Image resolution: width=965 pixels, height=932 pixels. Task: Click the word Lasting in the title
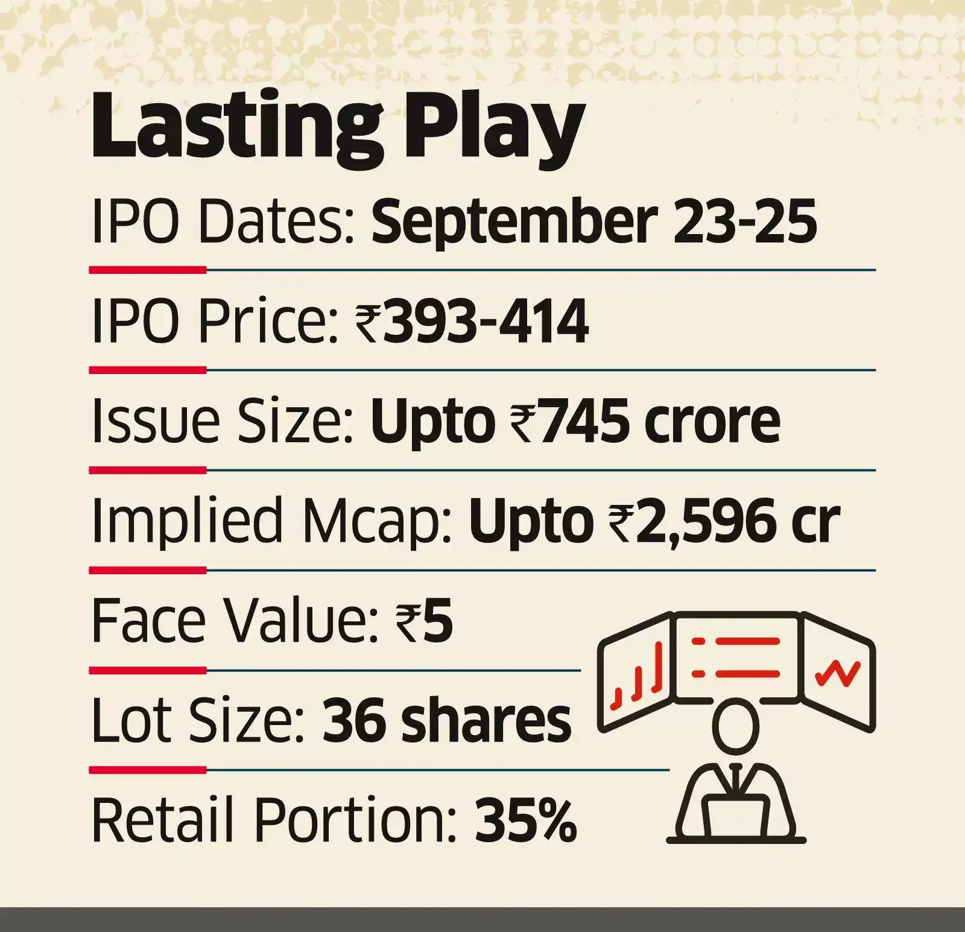coord(235,130)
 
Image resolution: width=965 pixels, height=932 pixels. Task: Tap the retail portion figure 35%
coord(525,820)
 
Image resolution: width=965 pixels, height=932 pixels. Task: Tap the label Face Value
coord(232,621)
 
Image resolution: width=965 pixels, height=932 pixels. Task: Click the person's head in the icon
coord(735,726)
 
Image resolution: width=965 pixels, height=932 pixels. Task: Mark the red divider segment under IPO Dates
coord(148,270)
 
